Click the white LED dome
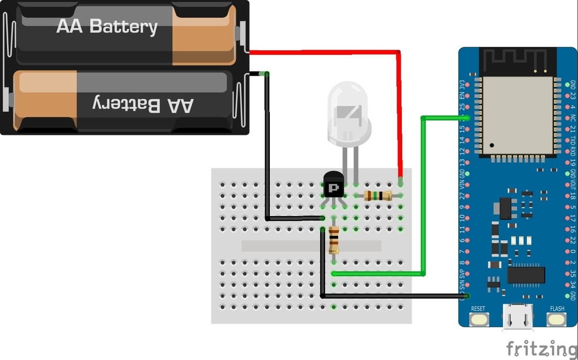[x=348, y=113]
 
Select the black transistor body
[x=334, y=185]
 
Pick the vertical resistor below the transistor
[x=334, y=240]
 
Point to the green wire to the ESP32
[x=423, y=197]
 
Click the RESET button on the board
[x=478, y=319]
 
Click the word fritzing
[x=541, y=349]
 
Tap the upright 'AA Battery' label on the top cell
[x=107, y=27]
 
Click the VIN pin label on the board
[x=463, y=183]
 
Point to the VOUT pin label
[x=573, y=183]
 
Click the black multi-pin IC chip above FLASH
[x=526, y=275]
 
